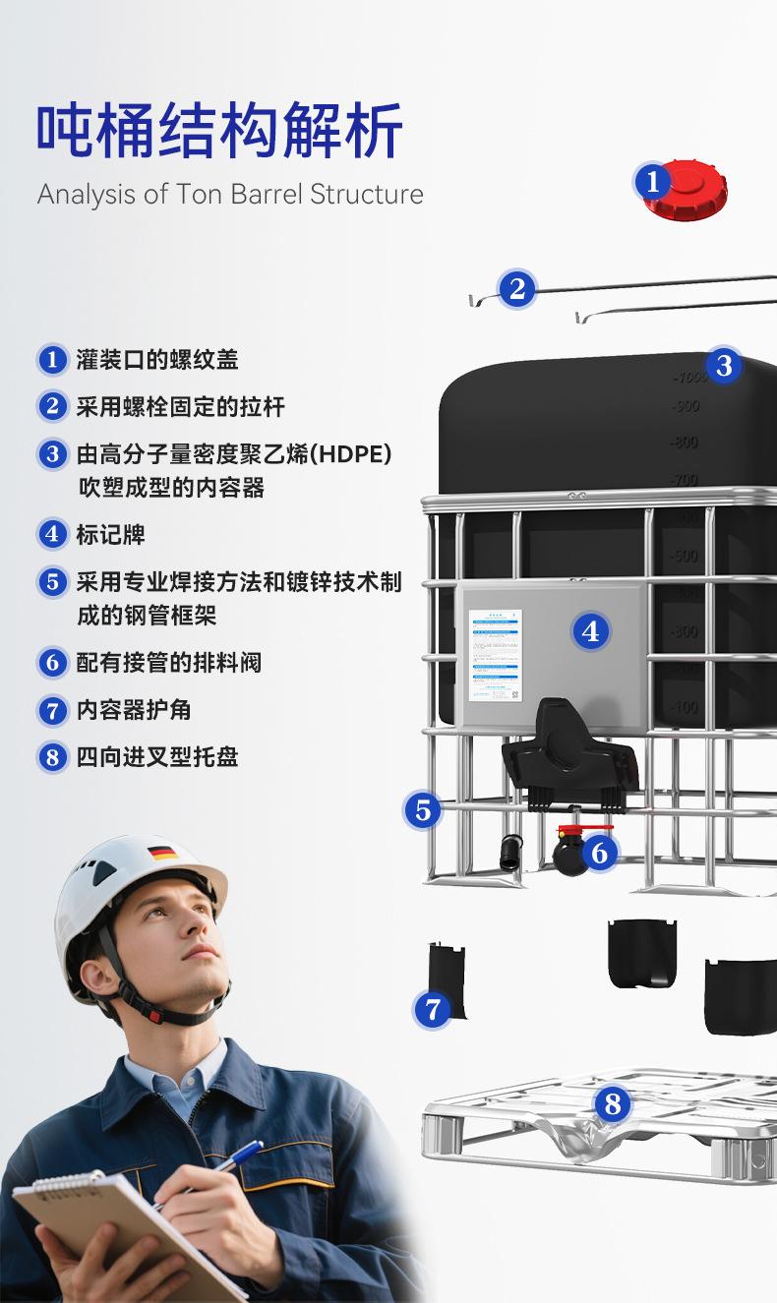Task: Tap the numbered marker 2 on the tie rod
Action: click(517, 289)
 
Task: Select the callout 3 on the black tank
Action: click(724, 366)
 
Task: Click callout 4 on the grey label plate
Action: click(590, 631)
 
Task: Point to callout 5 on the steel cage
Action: click(423, 810)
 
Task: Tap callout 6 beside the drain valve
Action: click(600, 853)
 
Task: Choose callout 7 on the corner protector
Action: click(432, 1008)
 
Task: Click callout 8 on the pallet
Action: click(613, 1103)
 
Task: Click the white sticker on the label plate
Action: click(494, 656)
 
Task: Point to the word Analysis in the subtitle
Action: click(86, 194)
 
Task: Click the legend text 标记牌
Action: click(110, 535)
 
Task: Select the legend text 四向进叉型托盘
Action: click(157, 757)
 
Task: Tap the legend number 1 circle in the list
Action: click(52, 360)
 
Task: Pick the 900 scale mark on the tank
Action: click(686, 406)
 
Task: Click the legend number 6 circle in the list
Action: click(52, 663)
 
